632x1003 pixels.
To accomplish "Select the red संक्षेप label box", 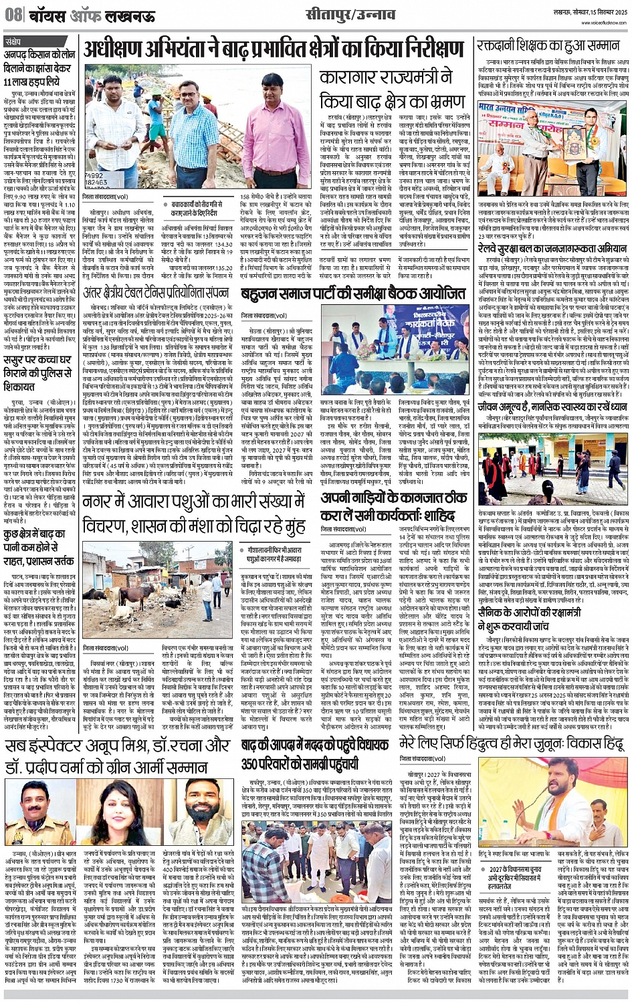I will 16,41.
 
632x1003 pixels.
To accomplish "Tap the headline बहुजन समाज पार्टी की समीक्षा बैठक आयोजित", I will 353,294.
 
